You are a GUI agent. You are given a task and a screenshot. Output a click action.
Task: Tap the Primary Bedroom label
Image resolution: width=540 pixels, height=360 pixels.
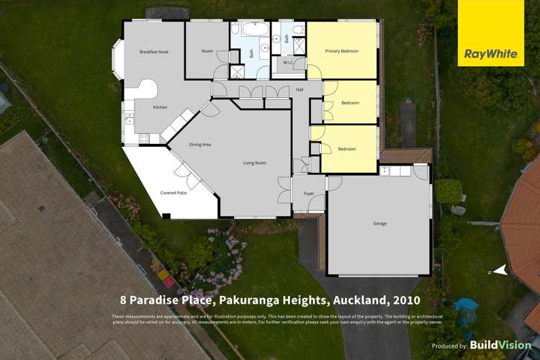pyautogui.click(x=341, y=51)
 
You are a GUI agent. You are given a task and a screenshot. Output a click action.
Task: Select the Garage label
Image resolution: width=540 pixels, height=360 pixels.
pyautogui.click(x=379, y=223)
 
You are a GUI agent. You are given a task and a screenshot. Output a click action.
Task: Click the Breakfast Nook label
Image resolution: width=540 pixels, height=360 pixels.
pyautogui.click(x=153, y=52)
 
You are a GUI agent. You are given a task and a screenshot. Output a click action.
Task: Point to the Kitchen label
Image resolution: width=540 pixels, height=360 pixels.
pyautogui.click(x=160, y=107)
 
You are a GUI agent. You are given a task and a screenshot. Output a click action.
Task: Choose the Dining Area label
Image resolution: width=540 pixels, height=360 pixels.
pyautogui.click(x=200, y=145)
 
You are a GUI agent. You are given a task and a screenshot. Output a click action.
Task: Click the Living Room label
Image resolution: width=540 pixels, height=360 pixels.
pyautogui.click(x=254, y=163)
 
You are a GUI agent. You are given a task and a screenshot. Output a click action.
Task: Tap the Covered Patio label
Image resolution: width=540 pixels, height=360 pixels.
pyautogui.click(x=173, y=193)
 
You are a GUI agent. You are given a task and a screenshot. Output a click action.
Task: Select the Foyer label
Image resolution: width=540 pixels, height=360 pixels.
pyautogui.click(x=308, y=193)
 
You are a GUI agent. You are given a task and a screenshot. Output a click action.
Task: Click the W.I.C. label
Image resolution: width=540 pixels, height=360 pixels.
pyautogui.click(x=288, y=63)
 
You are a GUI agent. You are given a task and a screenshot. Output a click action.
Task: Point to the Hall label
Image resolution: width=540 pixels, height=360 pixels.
pyautogui.click(x=299, y=89)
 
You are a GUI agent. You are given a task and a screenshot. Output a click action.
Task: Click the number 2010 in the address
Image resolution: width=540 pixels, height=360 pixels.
pyautogui.click(x=405, y=300)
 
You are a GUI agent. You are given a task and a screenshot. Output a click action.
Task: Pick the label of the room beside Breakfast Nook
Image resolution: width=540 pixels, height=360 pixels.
pyautogui.click(x=207, y=51)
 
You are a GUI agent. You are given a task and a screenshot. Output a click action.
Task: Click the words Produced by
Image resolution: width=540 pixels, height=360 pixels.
pyautogui.click(x=449, y=346)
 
